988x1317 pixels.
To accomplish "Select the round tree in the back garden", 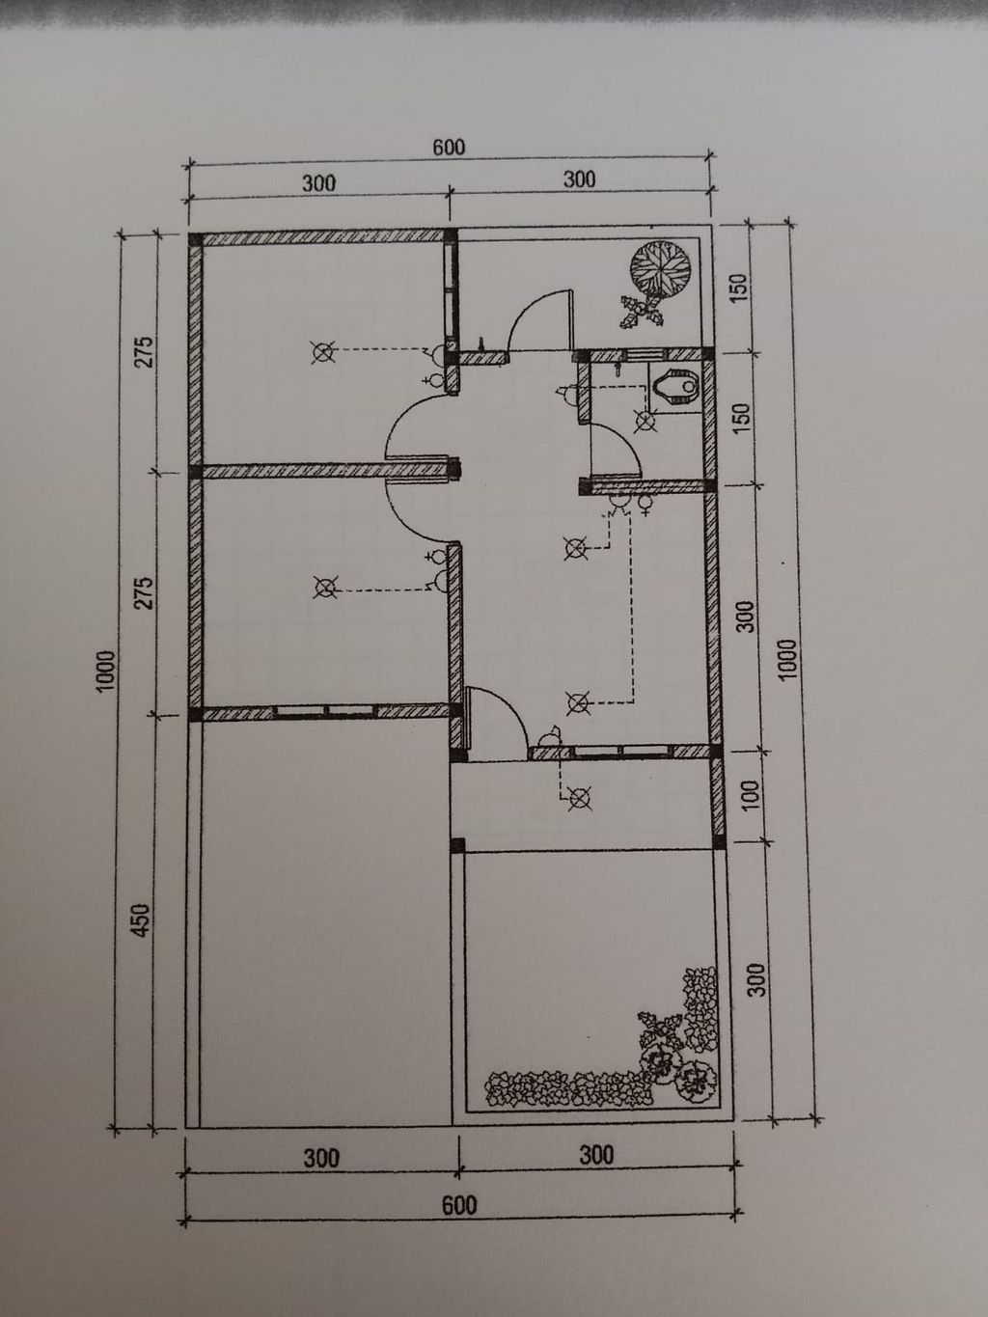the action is (661, 267).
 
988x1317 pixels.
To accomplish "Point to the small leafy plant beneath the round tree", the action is (642, 312).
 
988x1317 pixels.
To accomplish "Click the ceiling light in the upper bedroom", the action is (323, 352).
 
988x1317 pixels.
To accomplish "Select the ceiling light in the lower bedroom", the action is (326, 588).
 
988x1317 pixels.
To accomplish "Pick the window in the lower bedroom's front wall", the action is (326, 712).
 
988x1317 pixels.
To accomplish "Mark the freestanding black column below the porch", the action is (457, 845).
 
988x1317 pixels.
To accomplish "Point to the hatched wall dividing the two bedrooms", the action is (324, 471).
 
